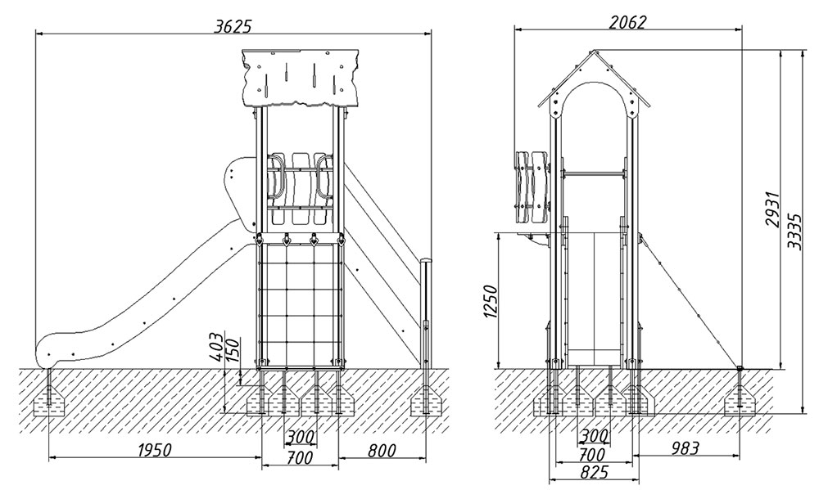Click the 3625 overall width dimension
[x=233, y=25]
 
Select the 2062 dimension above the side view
[x=628, y=22]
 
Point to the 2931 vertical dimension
[x=773, y=214]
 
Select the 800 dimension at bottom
[x=381, y=451]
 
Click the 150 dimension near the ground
[x=232, y=349]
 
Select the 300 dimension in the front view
[x=300, y=438]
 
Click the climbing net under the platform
[x=300, y=303]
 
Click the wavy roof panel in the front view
[x=301, y=79]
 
